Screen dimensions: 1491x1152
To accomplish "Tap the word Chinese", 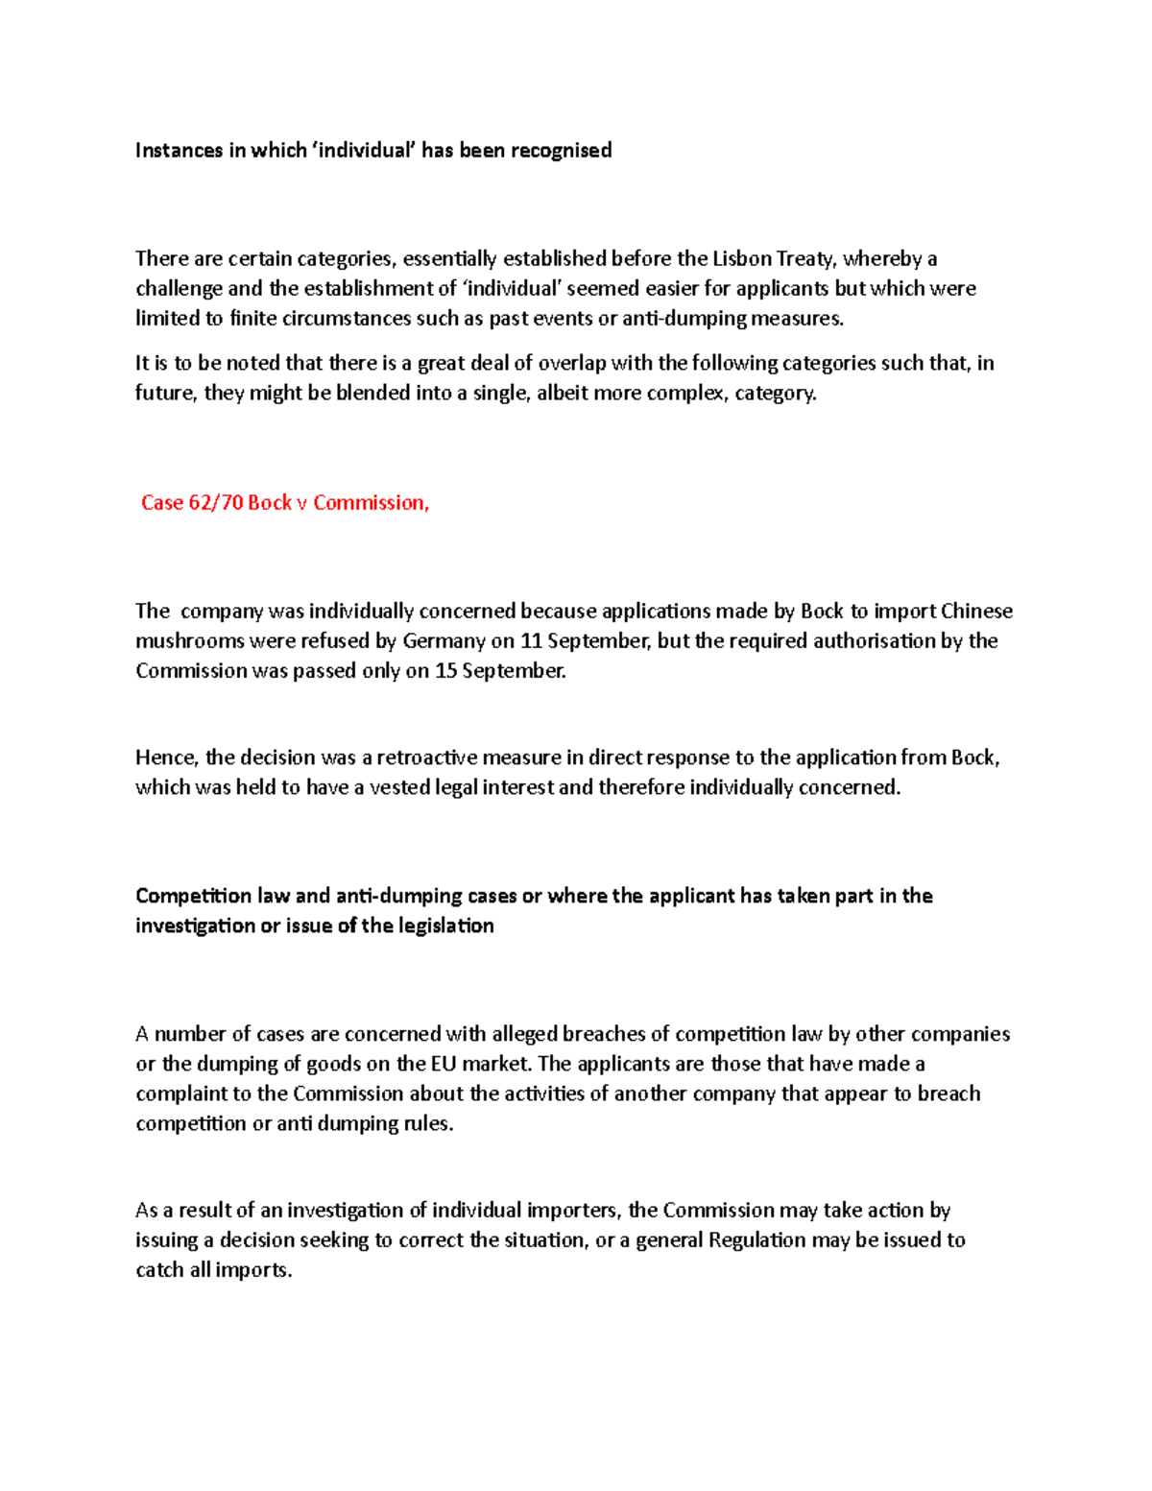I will (x=976, y=612).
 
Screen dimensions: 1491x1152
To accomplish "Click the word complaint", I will (x=179, y=1094).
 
